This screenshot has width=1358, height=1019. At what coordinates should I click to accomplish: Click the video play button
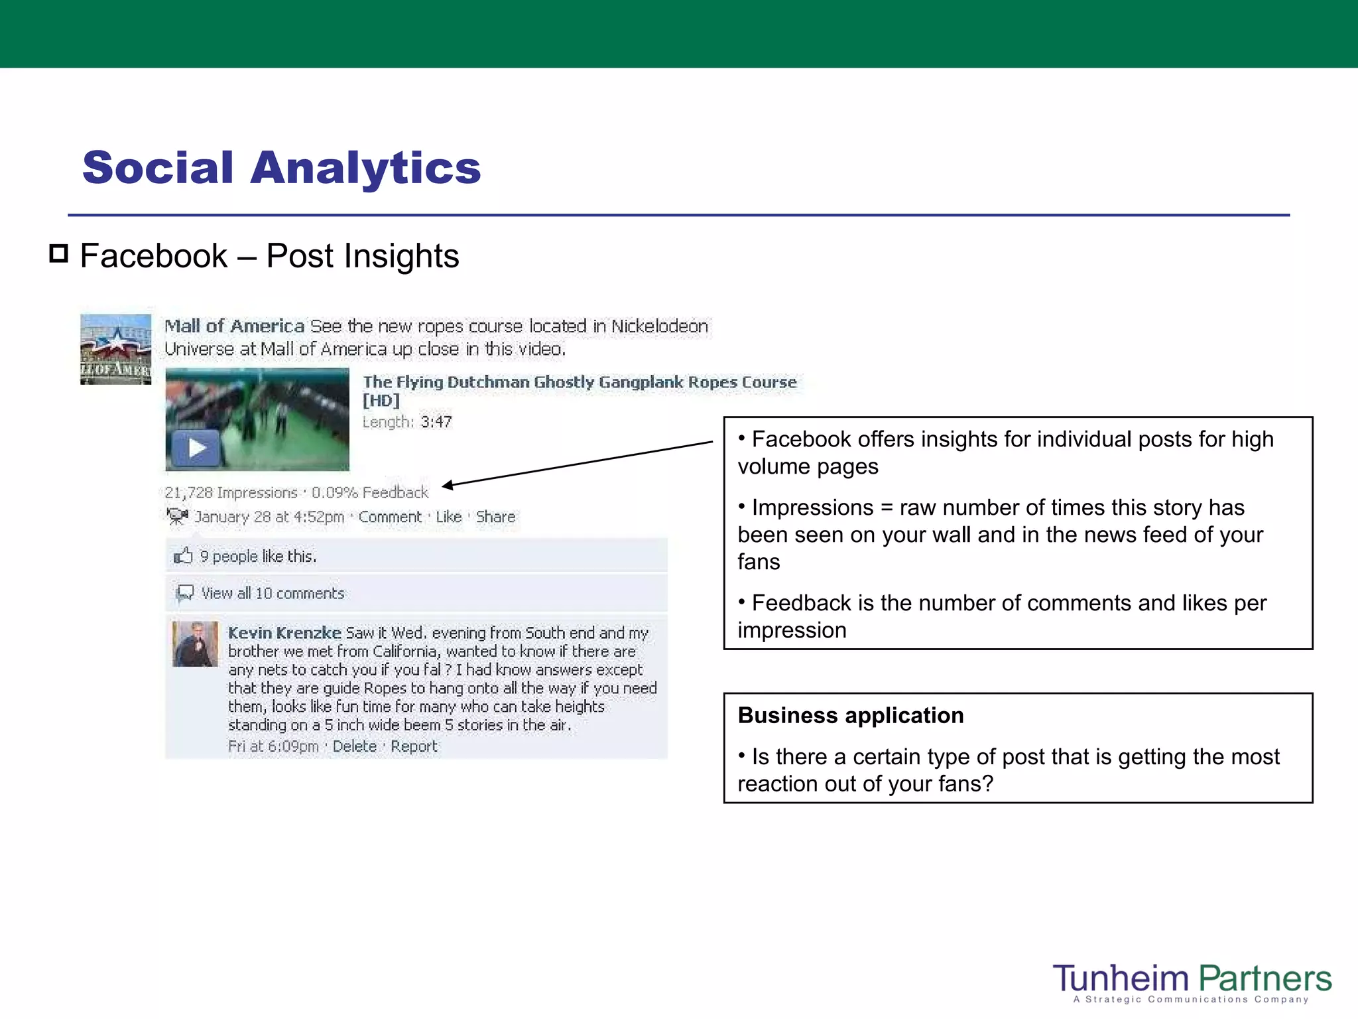pos(196,448)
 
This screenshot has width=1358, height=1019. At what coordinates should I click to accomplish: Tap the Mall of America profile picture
pos(116,350)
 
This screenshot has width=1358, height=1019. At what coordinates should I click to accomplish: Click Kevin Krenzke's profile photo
pos(195,644)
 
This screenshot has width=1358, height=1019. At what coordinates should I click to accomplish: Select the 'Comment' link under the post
pos(390,517)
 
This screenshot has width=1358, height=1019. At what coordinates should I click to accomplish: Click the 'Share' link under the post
pos(495,517)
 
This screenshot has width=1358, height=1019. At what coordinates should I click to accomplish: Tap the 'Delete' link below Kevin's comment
pos(354,746)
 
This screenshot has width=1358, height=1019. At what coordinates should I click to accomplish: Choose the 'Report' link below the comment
pos(414,746)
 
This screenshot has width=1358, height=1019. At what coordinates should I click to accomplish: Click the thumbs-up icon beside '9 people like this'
pos(183,555)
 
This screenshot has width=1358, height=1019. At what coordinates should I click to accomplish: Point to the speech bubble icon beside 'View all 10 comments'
pos(185,592)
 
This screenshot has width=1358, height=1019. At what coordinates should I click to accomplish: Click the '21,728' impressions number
pos(188,493)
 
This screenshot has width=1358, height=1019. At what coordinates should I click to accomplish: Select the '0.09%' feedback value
pos(334,493)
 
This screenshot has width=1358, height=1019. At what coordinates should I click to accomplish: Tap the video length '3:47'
pos(436,422)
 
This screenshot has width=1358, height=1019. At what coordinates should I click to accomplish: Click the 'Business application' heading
pos(851,716)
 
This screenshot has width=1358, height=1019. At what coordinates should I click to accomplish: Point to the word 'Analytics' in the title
pos(365,168)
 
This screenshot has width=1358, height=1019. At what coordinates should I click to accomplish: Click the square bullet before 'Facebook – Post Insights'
pos(59,253)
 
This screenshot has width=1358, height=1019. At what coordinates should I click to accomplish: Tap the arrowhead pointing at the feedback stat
pos(448,485)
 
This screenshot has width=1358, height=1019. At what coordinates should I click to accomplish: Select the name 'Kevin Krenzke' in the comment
pos(284,633)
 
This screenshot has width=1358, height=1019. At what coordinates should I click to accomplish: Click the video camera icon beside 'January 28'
pos(177,516)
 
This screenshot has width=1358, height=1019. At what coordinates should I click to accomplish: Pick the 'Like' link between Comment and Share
pos(448,517)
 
